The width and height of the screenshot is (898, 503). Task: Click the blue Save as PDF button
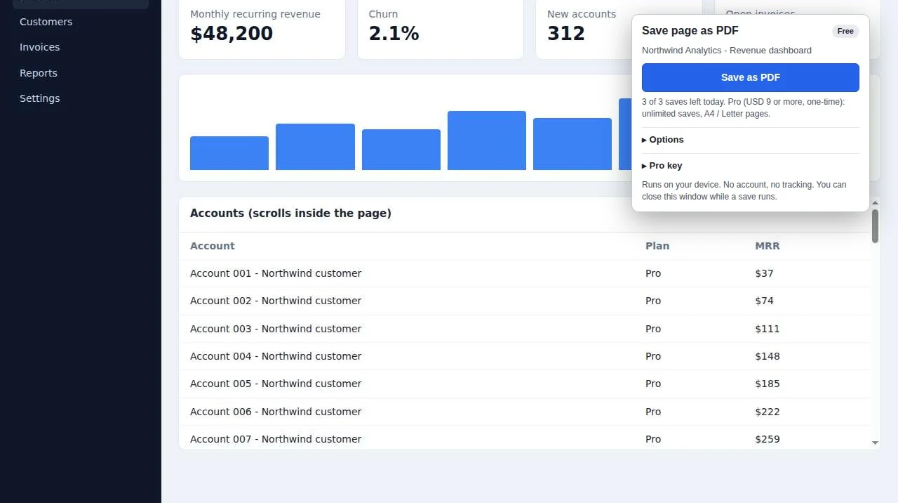(x=750, y=77)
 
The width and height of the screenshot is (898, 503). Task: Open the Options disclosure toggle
(x=663, y=140)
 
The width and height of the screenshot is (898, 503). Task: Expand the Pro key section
(x=662, y=166)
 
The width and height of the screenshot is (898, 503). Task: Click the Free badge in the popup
(x=845, y=32)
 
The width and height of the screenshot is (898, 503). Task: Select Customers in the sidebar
(x=46, y=22)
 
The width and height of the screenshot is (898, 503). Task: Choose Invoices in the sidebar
(x=40, y=47)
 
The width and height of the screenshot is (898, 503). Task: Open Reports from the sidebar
(x=39, y=73)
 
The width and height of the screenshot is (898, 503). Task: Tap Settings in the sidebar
(x=40, y=98)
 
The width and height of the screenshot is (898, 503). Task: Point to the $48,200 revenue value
(x=232, y=33)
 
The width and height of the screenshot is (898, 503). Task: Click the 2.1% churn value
(x=394, y=33)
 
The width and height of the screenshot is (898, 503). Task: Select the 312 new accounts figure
(x=565, y=33)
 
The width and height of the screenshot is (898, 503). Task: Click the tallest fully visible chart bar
(x=487, y=141)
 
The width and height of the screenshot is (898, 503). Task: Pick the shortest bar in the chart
(x=229, y=153)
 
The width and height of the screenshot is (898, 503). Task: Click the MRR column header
(x=768, y=246)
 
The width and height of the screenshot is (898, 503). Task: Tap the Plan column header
(x=657, y=246)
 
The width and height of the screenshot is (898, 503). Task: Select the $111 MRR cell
(x=768, y=329)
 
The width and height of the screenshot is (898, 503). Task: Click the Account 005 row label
(x=276, y=384)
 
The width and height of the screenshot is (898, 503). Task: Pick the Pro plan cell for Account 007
(x=653, y=439)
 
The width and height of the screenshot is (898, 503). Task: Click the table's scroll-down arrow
(x=875, y=443)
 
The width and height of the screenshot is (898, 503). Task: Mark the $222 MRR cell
(x=768, y=412)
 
